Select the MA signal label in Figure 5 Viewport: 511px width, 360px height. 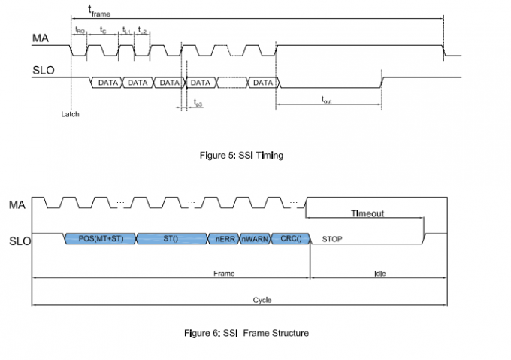click(x=41, y=37)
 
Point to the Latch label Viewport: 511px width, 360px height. click(x=70, y=114)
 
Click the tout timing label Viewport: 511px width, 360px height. click(x=327, y=99)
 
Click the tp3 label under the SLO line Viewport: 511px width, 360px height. click(x=198, y=104)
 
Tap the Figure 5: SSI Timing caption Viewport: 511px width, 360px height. click(x=237, y=155)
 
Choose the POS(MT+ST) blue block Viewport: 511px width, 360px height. click(x=101, y=239)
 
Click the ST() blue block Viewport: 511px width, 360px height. click(x=171, y=239)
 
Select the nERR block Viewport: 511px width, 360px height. click(x=222, y=239)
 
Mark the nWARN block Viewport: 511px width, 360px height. click(x=254, y=239)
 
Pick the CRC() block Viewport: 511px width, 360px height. click(x=289, y=239)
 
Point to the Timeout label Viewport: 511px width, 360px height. click(x=367, y=213)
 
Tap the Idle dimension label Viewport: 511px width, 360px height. click(x=379, y=274)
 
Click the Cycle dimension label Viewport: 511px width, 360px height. click(x=262, y=300)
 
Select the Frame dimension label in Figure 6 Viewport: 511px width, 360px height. click(x=224, y=274)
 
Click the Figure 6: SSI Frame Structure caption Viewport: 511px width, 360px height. click(x=246, y=333)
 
